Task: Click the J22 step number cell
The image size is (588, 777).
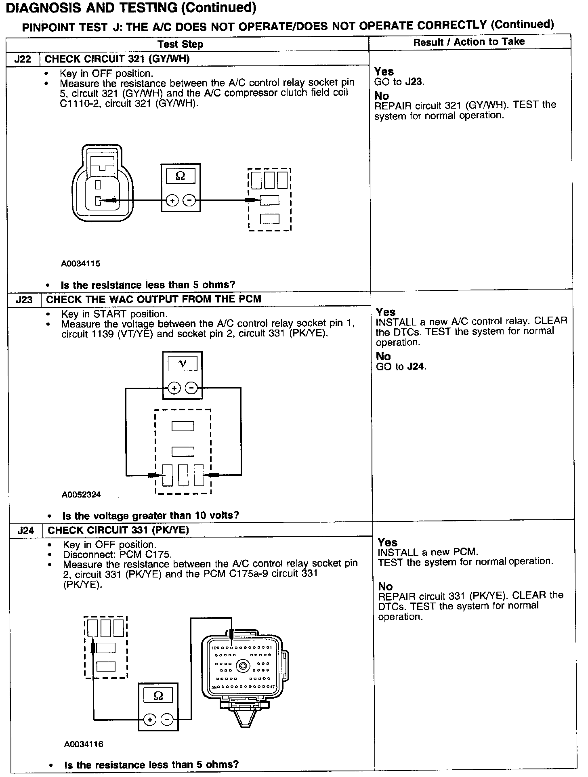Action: [23, 59]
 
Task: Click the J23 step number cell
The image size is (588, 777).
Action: [24, 300]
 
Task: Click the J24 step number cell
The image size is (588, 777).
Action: [25, 530]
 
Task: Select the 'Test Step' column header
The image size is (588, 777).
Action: [180, 44]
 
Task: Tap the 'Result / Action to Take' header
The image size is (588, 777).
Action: [469, 42]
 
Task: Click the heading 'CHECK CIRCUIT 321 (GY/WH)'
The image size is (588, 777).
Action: [117, 59]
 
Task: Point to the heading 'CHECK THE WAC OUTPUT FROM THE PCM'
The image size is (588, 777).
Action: [154, 299]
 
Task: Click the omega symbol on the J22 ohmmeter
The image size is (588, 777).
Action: [181, 176]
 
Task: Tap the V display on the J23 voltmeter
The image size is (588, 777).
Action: [183, 364]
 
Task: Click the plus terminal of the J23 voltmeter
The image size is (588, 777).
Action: [174, 388]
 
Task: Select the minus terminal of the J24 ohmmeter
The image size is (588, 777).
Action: [167, 720]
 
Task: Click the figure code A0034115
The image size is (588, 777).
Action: [81, 264]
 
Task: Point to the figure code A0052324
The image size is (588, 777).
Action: [82, 494]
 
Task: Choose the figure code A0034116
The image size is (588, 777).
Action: [84, 744]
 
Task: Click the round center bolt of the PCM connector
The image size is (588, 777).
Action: [243, 666]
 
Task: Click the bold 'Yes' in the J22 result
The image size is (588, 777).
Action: [384, 71]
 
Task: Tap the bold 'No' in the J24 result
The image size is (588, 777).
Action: [385, 586]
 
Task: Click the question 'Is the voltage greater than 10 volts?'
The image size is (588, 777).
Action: [151, 516]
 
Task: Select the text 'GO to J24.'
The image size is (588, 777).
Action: [401, 367]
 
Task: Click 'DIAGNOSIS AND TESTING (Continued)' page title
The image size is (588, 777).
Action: [131, 8]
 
